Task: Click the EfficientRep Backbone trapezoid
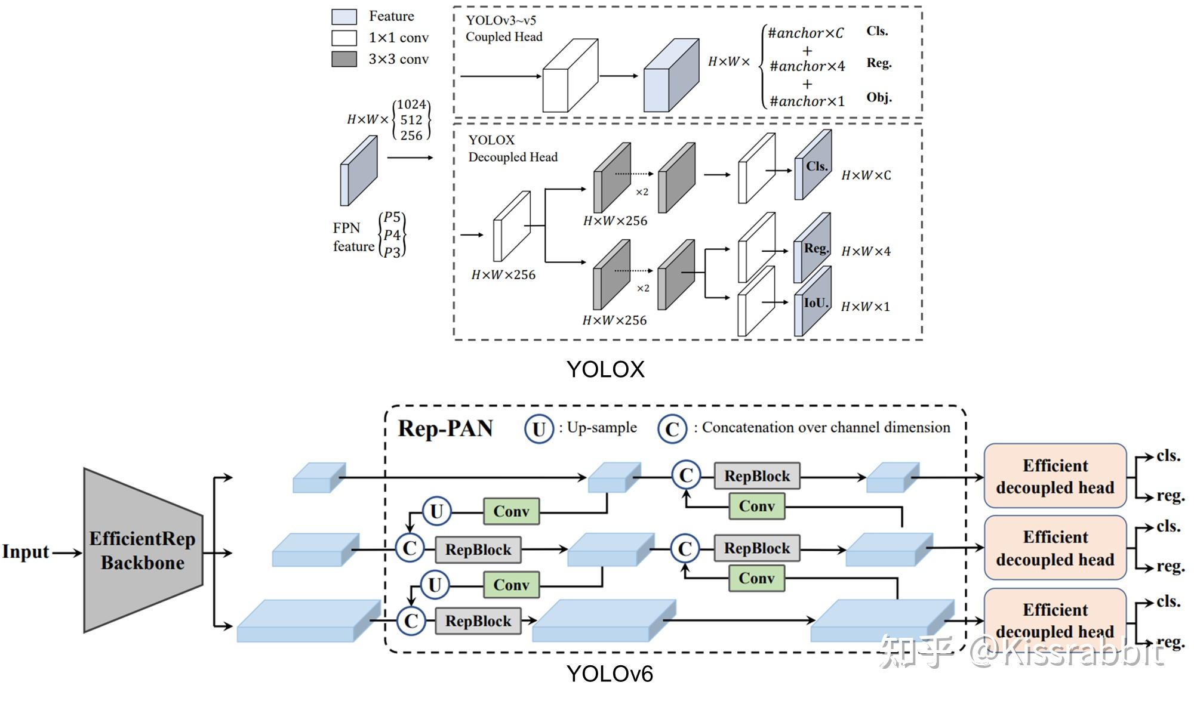143,550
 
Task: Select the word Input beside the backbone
25,552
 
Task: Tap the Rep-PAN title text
445,428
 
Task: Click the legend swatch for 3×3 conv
344,59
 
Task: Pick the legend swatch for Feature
344,16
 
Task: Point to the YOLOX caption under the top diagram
605,369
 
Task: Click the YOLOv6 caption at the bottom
610,674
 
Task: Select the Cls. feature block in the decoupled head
813,166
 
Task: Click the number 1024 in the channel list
411,104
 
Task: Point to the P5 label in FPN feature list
392,217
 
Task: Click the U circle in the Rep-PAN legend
539,429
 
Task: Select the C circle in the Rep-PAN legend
672,429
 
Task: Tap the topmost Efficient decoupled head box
1055,476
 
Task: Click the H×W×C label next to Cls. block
866,175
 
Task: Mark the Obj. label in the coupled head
879,98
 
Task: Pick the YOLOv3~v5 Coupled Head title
504,29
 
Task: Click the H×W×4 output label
866,252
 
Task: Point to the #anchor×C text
805,33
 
